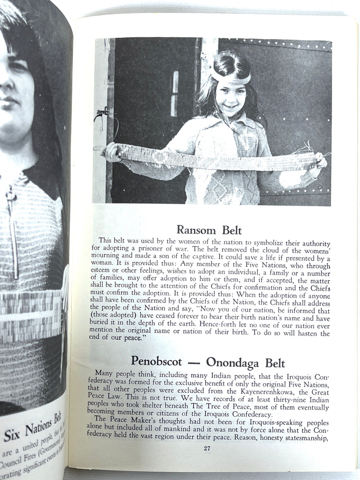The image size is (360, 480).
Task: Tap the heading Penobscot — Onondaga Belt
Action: pyautogui.click(x=208, y=361)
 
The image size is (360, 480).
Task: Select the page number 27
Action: pyautogui.click(x=207, y=448)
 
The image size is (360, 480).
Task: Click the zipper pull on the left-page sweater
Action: pyautogui.click(x=9, y=197)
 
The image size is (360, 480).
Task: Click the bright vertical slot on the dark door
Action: pyautogui.click(x=175, y=94)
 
